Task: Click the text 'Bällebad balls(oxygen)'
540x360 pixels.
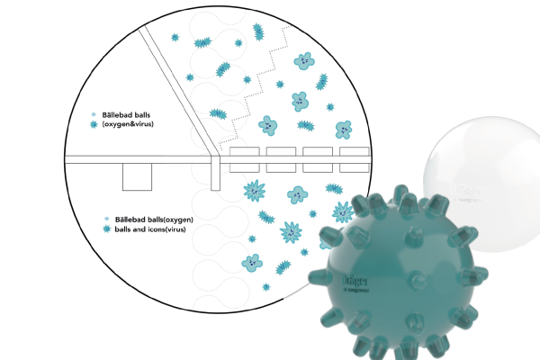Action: (155, 220)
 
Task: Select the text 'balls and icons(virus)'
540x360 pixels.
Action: (156, 229)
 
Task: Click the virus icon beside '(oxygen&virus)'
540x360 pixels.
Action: (94, 124)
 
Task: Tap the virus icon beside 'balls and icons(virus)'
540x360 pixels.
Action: (107, 229)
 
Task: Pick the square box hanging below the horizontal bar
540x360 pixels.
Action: (137, 177)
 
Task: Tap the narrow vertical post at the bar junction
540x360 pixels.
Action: (215, 171)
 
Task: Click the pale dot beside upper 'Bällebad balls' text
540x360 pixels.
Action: (94, 114)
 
